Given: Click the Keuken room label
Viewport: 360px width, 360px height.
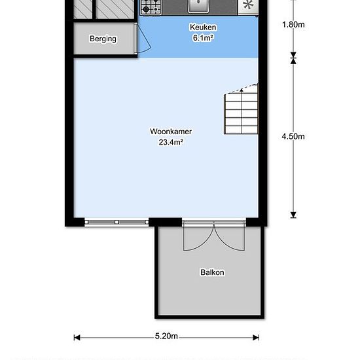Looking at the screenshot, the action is pos(203,27).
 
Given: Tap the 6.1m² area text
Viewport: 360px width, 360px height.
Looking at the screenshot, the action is pos(203,38).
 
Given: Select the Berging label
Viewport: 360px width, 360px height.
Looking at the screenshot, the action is pos(103,39).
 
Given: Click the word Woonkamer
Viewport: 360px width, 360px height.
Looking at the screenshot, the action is pos(171,132).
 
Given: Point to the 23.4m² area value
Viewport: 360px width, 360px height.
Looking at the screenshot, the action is pos(171,142).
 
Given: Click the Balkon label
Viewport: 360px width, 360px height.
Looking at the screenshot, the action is pos(212,272).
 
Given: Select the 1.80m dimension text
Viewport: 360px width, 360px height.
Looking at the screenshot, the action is pos(293,25).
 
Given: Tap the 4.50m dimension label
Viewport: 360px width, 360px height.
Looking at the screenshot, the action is pos(293,137).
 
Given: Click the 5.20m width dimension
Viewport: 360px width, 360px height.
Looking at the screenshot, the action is pos(166,336).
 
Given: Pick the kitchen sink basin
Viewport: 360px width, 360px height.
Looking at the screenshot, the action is pos(198,6).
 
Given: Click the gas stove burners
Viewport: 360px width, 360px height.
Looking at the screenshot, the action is pos(151,7).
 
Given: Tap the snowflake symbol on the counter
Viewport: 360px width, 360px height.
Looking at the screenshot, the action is pos(248,5).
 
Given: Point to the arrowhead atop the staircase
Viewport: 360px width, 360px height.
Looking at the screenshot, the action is pos(242,90).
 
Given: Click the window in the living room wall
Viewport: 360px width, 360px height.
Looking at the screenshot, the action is pos(117,223).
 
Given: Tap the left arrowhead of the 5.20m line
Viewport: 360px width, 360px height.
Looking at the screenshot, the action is pos(77,338).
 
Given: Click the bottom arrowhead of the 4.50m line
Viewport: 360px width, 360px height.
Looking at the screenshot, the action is pos(293,215).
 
